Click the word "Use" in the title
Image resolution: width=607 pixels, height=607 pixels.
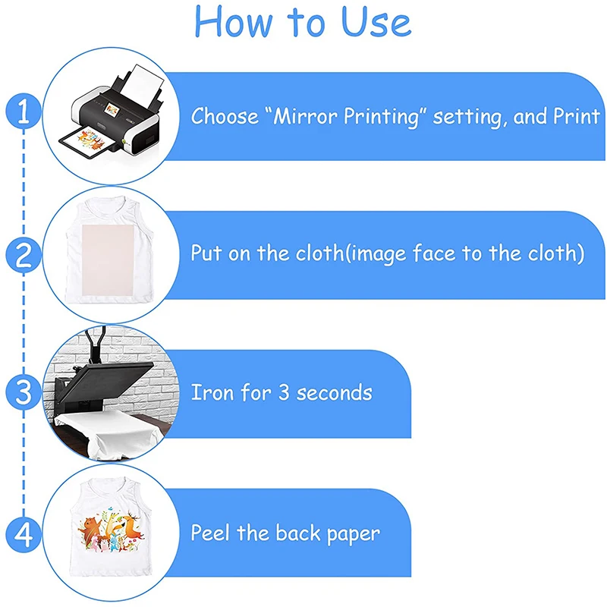coord(376,22)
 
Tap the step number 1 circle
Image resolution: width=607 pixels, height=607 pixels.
coord(24,112)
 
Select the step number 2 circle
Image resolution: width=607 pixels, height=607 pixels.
coord(24,255)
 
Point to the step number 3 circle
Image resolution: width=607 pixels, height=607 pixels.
coord(24,392)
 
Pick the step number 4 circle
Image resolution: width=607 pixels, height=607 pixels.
coord(24,535)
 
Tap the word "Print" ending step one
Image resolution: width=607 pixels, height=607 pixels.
coord(577,116)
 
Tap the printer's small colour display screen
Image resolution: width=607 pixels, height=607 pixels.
coord(112,109)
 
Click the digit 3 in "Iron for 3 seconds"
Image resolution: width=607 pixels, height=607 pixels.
coord(284,392)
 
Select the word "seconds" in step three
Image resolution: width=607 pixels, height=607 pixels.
coord(334,392)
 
